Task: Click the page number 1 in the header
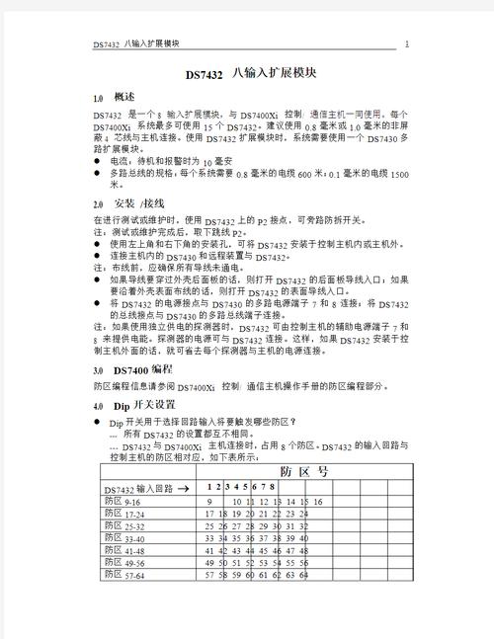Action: (406, 43)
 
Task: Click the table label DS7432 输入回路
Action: (138, 489)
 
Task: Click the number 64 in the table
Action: (304, 574)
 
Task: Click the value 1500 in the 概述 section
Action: (399, 174)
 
